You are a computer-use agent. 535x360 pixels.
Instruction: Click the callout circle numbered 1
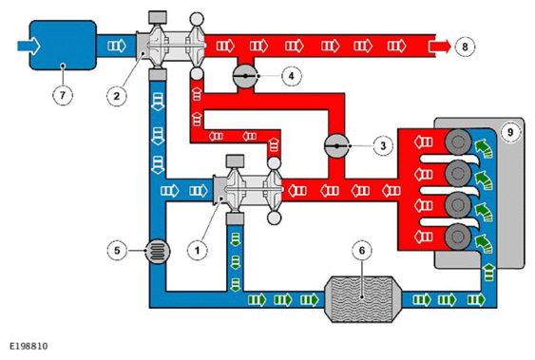tap(198, 251)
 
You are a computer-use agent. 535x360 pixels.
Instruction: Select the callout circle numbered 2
tap(116, 96)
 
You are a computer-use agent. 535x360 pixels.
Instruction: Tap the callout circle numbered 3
tap(383, 145)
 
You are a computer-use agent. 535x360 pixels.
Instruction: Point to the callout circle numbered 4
tap(292, 76)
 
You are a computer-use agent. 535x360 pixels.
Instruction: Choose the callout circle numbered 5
tap(117, 251)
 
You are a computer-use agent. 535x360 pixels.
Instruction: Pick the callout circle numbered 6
tap(362, 251)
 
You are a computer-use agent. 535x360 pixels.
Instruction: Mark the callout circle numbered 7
tap(63, 95)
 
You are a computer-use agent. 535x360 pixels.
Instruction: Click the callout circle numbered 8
tap(465, 47)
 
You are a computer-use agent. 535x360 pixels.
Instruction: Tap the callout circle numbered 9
tap(510, 132)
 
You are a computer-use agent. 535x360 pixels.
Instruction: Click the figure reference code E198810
tap(29, 347)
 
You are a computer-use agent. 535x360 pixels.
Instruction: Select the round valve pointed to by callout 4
tap(245, 76)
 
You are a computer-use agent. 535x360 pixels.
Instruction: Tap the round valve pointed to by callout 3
tap(336, 146)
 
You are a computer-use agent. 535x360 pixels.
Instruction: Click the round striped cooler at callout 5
tap(158, 251)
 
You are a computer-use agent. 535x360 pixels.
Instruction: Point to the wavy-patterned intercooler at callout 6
tap(362, 299)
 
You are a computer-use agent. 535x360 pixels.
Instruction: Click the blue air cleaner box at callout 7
tap(63, 45)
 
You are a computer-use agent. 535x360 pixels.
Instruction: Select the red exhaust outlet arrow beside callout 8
tap(440, 47)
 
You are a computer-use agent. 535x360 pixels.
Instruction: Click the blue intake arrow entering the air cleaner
tap(29, 46)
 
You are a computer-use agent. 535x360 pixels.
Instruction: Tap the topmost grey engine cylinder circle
tap(457, 142)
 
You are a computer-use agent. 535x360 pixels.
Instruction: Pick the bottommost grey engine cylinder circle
tap(457, 237)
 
